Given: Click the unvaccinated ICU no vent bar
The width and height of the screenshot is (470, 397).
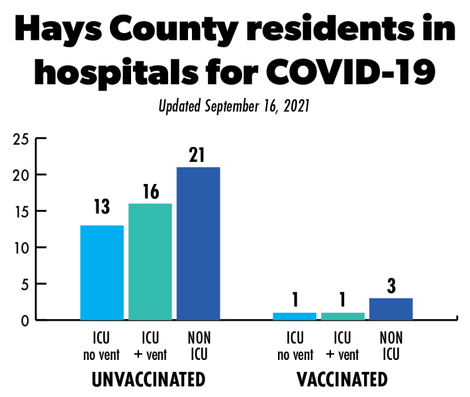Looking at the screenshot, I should [x=102, y=273].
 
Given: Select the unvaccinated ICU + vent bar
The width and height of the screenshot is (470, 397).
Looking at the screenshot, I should [x=150, y=261].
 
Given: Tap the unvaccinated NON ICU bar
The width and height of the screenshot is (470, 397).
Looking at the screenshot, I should [x=199, y=243].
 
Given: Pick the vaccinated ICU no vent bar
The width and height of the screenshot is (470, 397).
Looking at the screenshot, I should [x=295, y=316].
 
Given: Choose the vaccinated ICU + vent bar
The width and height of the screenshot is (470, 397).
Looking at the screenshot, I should [x=343, y=316].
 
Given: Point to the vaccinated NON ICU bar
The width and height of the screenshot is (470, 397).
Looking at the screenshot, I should [x=391, y=309].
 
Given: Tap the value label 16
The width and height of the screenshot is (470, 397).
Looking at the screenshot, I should [x=150, y=192].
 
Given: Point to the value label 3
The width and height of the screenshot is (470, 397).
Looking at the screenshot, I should [x=391, y=287].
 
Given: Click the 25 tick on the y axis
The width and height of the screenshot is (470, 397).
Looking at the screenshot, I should [x=21, y=139].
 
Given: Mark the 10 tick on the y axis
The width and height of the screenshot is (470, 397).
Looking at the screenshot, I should [x=21, y=248].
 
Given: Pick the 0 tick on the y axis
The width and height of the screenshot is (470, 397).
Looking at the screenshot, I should [x=25, y=321].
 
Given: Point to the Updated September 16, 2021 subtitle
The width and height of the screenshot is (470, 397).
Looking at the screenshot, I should [x=234, y=106].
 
